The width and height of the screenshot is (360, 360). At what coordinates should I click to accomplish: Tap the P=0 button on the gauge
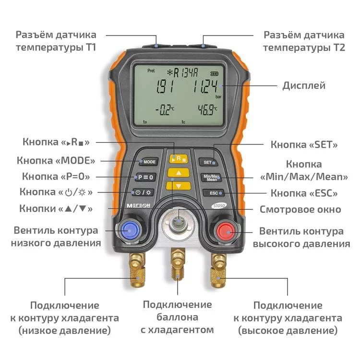tap(145, 177)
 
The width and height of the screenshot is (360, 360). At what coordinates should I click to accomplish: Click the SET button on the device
tap(208, 162)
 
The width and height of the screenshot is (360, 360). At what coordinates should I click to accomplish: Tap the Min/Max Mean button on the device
tap(211, 178)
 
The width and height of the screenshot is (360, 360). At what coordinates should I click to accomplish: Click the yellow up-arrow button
tap(179, 173)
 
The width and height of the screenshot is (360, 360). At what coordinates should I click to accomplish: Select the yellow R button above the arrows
tap(179, 158)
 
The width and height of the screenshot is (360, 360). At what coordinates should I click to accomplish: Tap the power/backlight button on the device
tap(143, 192)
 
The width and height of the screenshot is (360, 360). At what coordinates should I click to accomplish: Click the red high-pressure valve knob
tap(227, 231)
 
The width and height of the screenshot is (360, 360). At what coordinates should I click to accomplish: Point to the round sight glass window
tap(178, 222)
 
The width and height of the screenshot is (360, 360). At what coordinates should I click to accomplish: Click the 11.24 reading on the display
tap(205, 87)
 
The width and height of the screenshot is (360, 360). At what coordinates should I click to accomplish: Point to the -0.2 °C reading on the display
tap(164, 110)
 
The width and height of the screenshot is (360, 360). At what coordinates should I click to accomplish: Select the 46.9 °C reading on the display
tap(207, 110)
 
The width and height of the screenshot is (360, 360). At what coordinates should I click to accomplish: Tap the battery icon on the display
tap(214, 74)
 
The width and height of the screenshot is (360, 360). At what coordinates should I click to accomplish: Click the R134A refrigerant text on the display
tap(182, 73)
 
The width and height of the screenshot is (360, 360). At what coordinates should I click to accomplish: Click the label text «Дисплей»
tap(304, 86)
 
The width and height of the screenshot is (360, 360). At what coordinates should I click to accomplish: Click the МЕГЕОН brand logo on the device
tap(138, 206)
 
